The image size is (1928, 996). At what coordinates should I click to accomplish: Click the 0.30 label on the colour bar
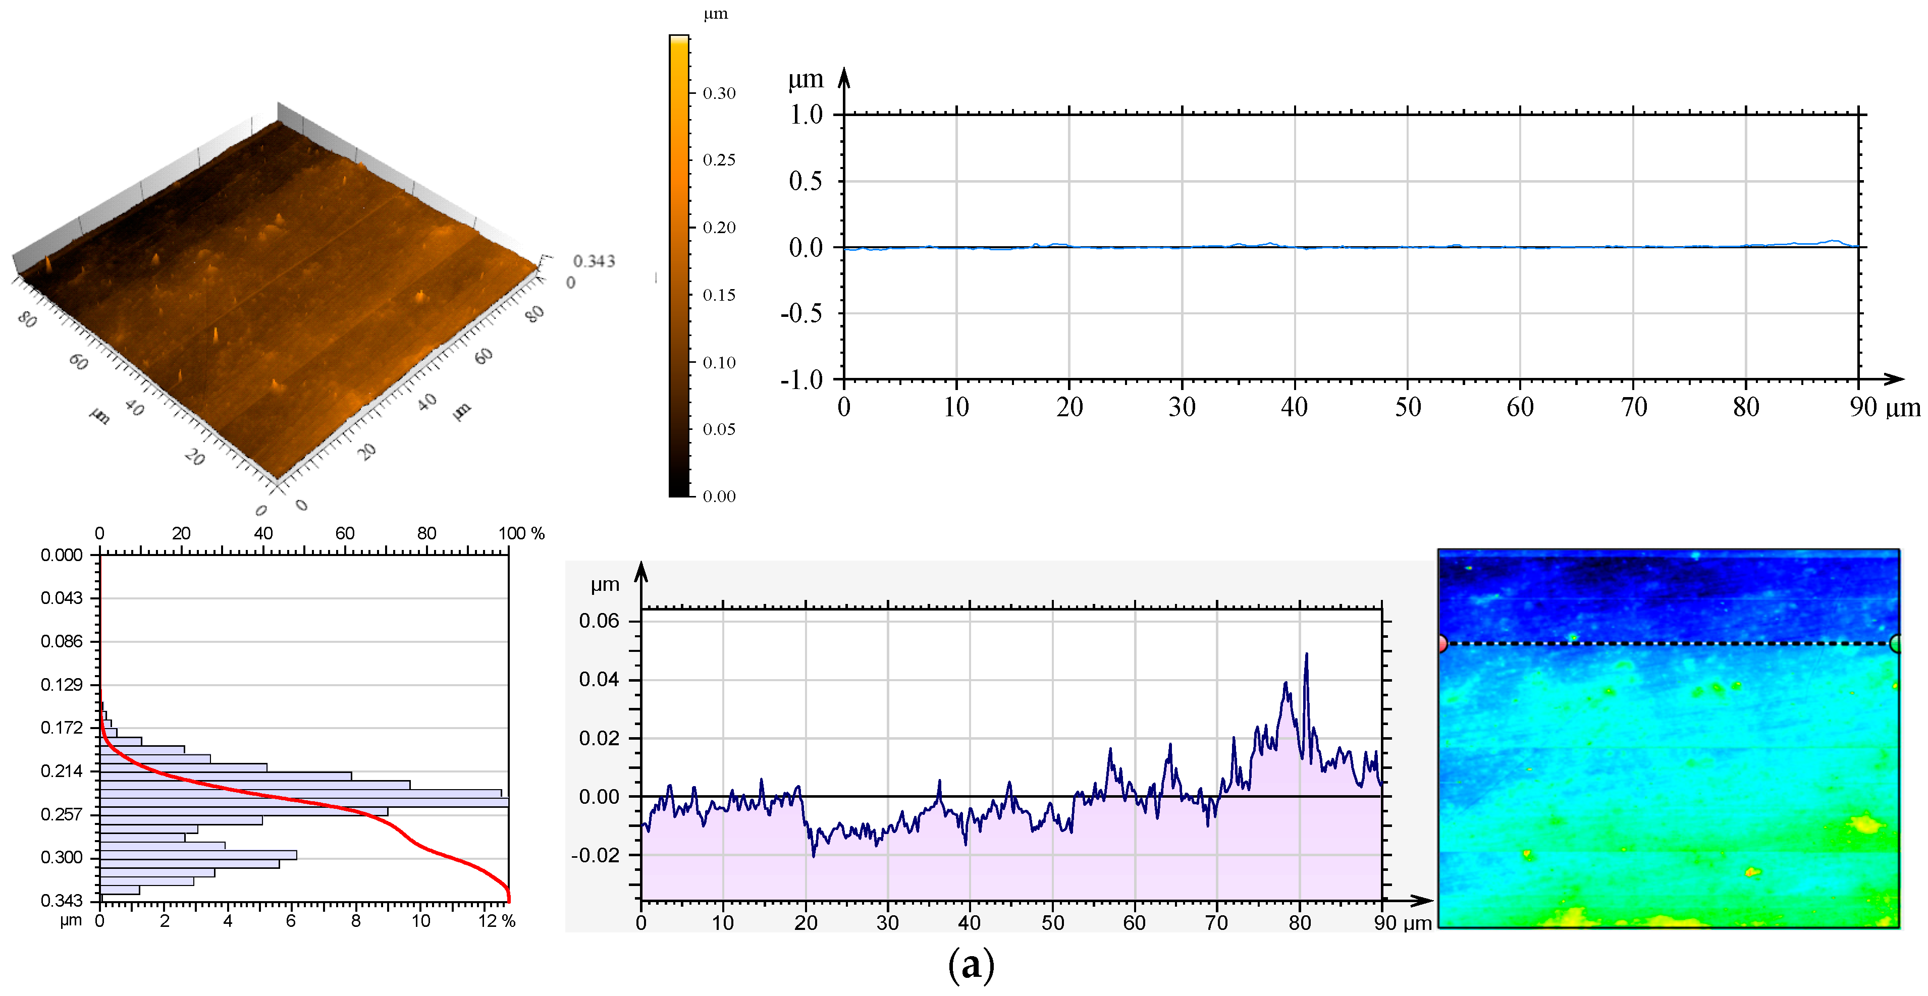click(x=719, y=93)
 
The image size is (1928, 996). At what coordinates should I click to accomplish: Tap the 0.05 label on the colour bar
click(x=719, y=429)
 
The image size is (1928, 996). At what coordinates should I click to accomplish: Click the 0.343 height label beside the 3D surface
click(x=594, y=261)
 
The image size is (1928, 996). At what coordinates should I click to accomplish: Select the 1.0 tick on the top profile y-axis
click(x=806, y=115)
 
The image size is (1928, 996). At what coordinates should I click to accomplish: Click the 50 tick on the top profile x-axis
click(x=1407, y=407)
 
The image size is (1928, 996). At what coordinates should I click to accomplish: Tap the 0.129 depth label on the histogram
click(x=62, y=685)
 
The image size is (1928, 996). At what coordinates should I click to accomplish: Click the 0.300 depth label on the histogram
click(x=62, y=858)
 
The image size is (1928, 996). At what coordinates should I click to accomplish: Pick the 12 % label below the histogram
click(x=496, y=921)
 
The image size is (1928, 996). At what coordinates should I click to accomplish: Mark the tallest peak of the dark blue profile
click(x=1307, y=655)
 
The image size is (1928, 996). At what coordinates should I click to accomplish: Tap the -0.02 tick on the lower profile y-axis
click(x=596, y=855)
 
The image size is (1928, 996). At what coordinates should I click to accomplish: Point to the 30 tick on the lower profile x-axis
click(x=888, y=923)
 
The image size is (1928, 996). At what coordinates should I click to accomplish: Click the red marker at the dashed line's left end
click(x=1441, y=643)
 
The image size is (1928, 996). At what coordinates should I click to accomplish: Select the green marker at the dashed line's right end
click(x=1896, y=643)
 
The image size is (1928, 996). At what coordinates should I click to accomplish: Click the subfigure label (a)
click(x=971, y=965)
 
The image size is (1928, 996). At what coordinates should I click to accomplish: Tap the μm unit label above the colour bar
click(x=716, y=14)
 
